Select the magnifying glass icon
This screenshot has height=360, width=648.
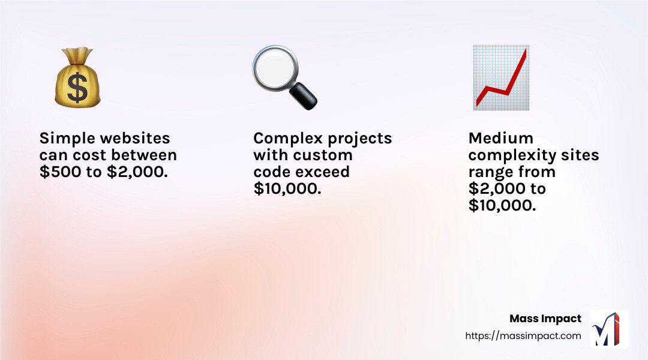click(x=284, y=77)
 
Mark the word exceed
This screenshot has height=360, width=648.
click(x=327, y=172)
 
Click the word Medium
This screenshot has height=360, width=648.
click(x=500, y=139)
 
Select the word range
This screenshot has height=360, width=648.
click(x=491, y=172)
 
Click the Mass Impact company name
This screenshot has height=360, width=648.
click(x=545, y=319)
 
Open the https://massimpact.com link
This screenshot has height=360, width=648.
click(x=523, y=336)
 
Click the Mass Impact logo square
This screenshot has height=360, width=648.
click(x=609, y=329)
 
